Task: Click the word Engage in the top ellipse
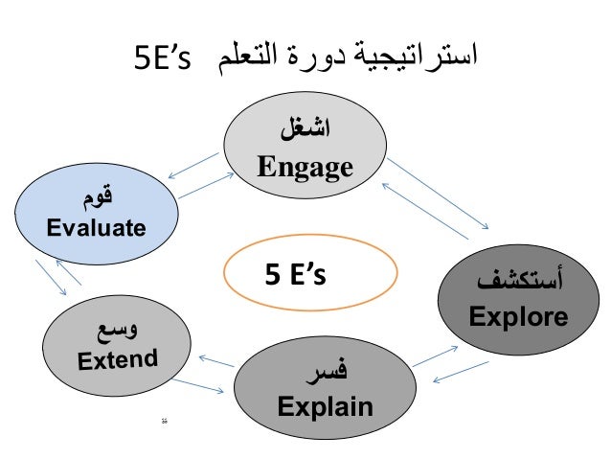(305, 169)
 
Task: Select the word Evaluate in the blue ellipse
(96, 229)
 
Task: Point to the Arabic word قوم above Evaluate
(96, 199)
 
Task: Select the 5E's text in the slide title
(163, 58)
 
